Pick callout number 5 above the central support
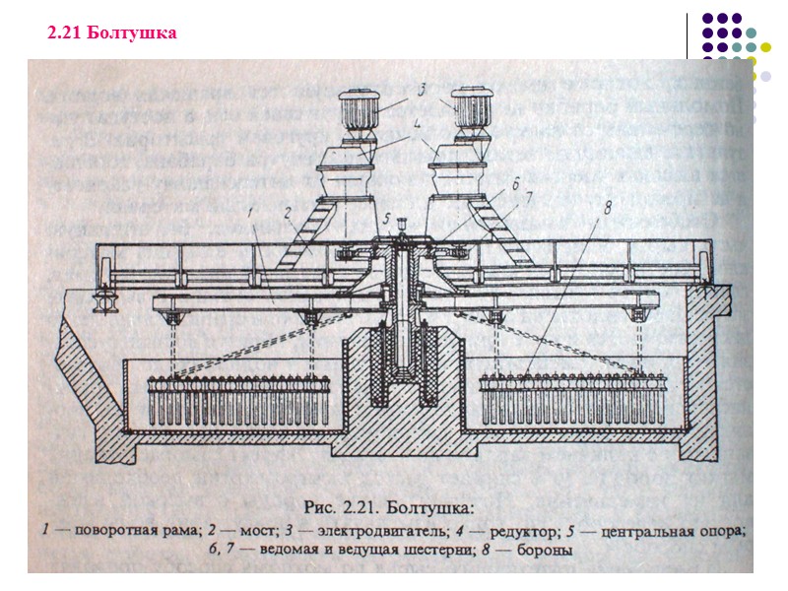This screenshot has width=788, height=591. pos(388,218)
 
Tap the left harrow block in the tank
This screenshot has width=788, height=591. pos(236,399)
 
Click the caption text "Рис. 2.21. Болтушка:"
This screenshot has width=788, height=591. pos(389,508)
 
